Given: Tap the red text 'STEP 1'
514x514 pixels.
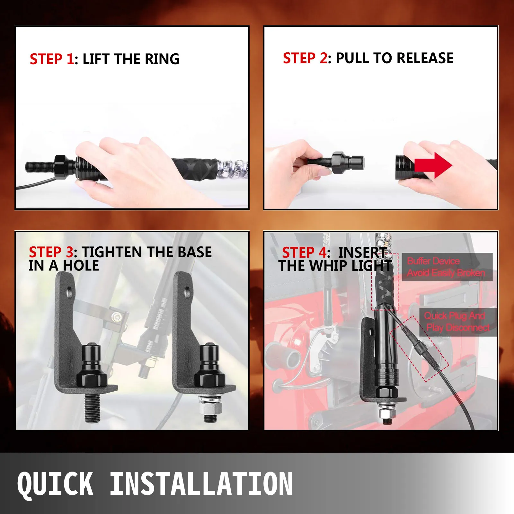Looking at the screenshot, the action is tap(52, 59).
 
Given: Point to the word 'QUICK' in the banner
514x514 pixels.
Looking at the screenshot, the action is tap(55, 484).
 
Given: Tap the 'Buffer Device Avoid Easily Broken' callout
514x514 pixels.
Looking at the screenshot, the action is tap(447, 267).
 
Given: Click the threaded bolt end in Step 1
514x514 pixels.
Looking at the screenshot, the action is tap(40, 167).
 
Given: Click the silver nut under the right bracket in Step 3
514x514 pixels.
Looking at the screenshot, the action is tap(210, 407).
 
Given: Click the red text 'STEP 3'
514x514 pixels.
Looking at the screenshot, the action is tap(51, 252).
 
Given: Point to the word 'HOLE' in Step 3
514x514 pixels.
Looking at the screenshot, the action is tap(81, 266).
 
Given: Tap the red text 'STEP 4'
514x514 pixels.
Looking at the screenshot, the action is tap(304, 253).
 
